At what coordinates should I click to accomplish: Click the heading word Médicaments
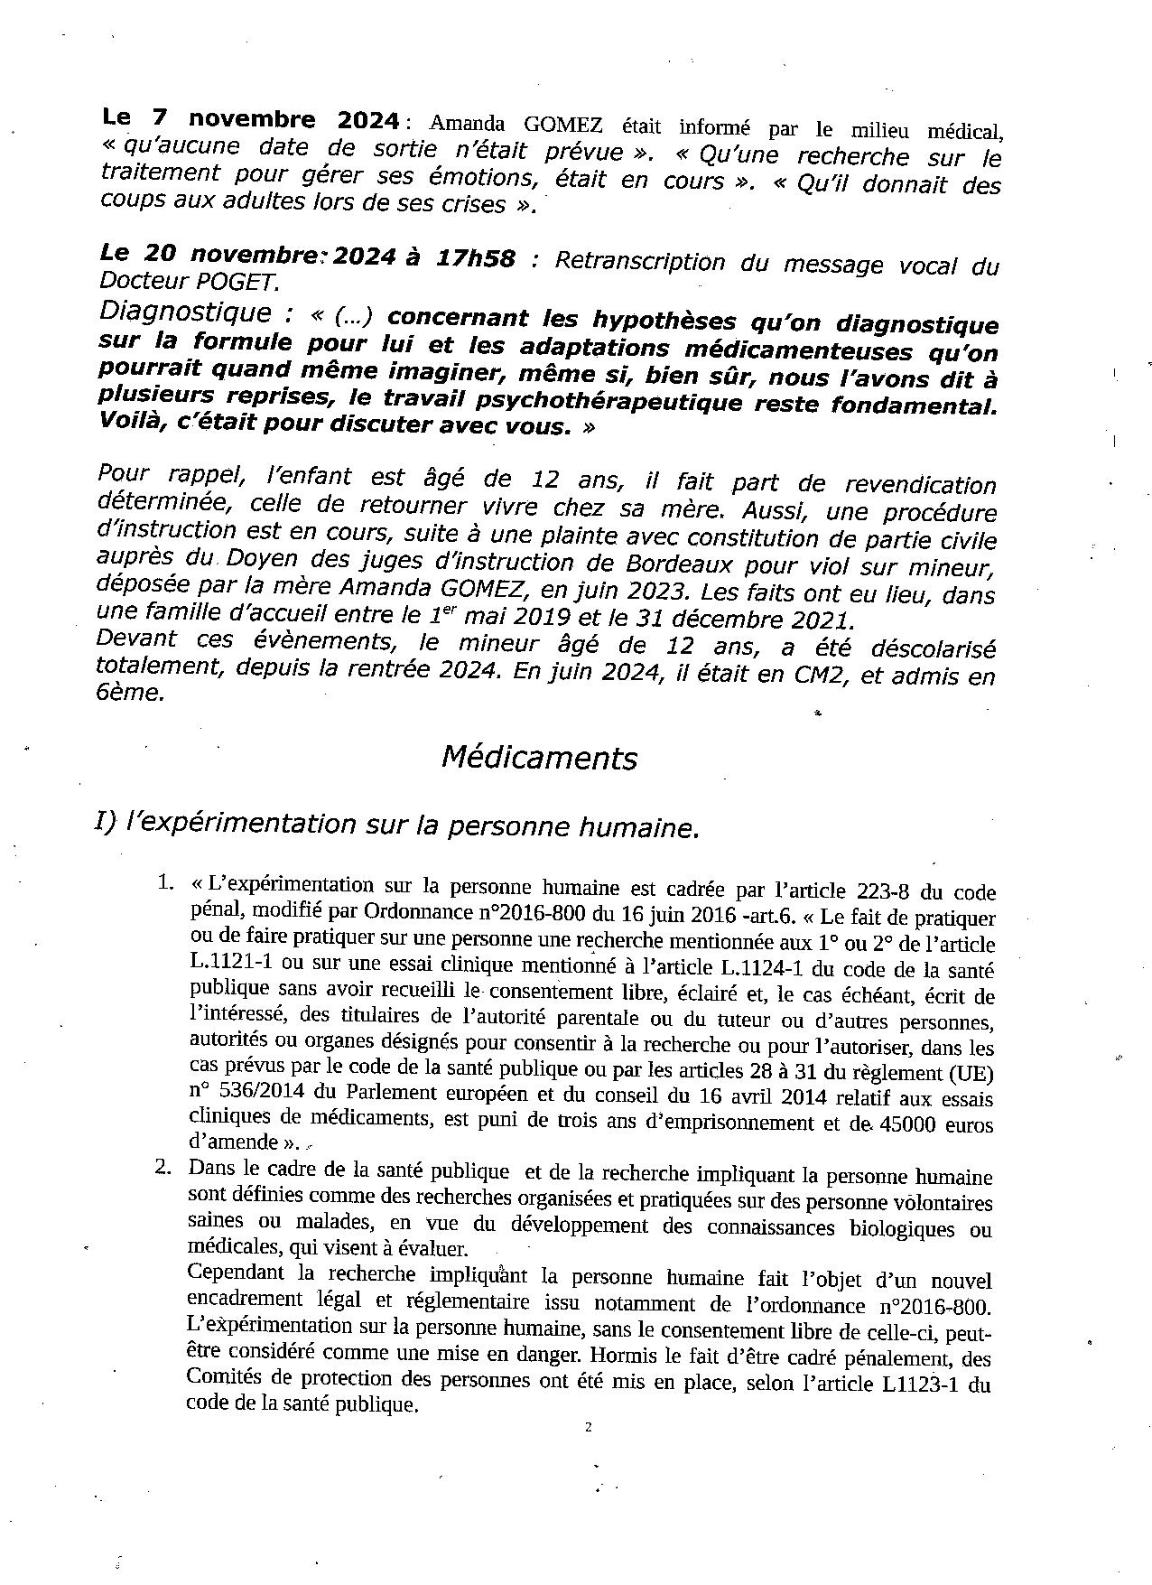click(x=539, y=758)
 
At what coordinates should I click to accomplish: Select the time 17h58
click(x=475, y=259)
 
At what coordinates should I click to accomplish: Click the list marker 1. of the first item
click(x=164, y=882)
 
